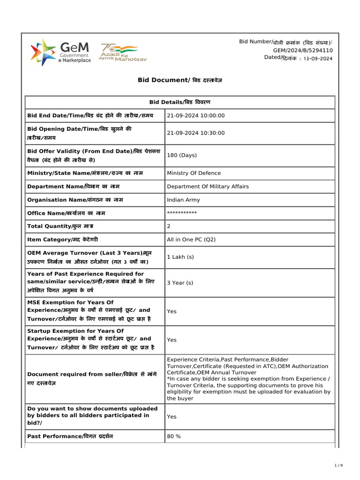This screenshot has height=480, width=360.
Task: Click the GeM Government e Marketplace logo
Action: tap(60, 52)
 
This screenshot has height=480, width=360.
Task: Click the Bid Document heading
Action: tap(180, 80)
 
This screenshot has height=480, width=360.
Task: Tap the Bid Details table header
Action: tap(180, 102)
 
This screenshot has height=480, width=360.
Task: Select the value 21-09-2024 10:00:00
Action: tap(196, 115)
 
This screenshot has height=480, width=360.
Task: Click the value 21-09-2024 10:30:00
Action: tap(196, 133)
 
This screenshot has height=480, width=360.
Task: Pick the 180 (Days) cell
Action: tap(182, 155)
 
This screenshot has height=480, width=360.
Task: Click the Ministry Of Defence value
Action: tap(194, 173)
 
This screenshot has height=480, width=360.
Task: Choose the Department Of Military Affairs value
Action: tap(208, 186)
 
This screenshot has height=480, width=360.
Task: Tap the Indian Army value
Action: tap(183, 200)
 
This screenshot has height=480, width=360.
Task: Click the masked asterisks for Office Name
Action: tap(182, 213)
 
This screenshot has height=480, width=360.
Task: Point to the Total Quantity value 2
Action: tap(169, 226)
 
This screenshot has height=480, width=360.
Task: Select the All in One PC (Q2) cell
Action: tap(191, 240)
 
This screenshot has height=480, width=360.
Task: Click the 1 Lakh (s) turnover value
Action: tap(180, 257)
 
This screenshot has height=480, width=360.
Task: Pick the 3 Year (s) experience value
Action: tap(180, 283)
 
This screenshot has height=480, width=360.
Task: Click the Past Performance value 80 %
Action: tap(174, 436)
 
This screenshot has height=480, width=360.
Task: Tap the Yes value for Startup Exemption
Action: tap(172, 339)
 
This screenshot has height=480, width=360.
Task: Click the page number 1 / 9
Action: tap(339, 465)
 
